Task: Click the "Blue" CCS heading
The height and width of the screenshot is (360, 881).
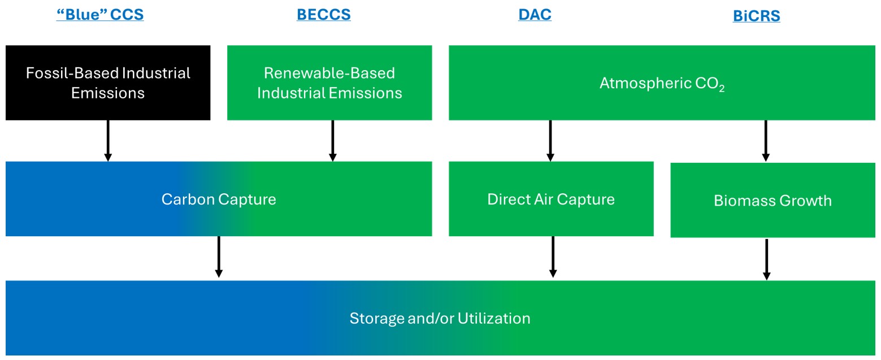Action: pyautogui.click(x=100, y=14)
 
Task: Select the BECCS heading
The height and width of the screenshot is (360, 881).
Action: pyautogui.click(x=323, y=14)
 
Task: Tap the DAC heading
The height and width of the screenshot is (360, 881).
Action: pyautogui.click(x=535, y=14)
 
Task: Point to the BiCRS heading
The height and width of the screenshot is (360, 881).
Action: pyautogui.click(x=756, y=16)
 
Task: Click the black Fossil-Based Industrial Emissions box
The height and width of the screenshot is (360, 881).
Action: pyautogui.click(x=108, y=83)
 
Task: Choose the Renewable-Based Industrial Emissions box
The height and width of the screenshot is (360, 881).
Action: pyautogui.click(x=329, y=83)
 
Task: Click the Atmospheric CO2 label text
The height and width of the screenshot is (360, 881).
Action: pyautogui.click(x=662, y=84)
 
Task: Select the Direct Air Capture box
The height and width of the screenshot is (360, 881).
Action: pyautogui.click(x=551, y=199)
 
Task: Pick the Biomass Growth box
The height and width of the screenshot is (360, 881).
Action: pyautogui.click(x=772, y=200)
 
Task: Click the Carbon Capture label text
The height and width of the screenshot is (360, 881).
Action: pyautogui.click(x=219, y=199)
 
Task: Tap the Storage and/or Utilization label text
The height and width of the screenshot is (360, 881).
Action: pyautogui.click(x=440, y=318)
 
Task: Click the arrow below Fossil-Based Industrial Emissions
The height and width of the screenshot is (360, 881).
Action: pyautogui.click(x=108, y=141)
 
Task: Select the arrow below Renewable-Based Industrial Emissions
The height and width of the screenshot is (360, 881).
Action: pyautogui.click(x=332, y=141)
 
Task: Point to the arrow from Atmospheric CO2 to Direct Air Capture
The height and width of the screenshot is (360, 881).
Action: pyautogui.click(x=550, y=141)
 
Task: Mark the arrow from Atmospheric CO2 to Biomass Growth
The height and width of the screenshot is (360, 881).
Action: pyautogui.click(x=766, y=141)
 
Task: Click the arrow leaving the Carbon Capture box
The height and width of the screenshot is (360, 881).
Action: pyautogui.click(x=219, y=257)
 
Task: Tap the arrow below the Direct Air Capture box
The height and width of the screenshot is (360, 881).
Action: pyautogui.click(x=553, y=257)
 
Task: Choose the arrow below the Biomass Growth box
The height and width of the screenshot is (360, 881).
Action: pyautogui.click(x=766, y=259)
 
